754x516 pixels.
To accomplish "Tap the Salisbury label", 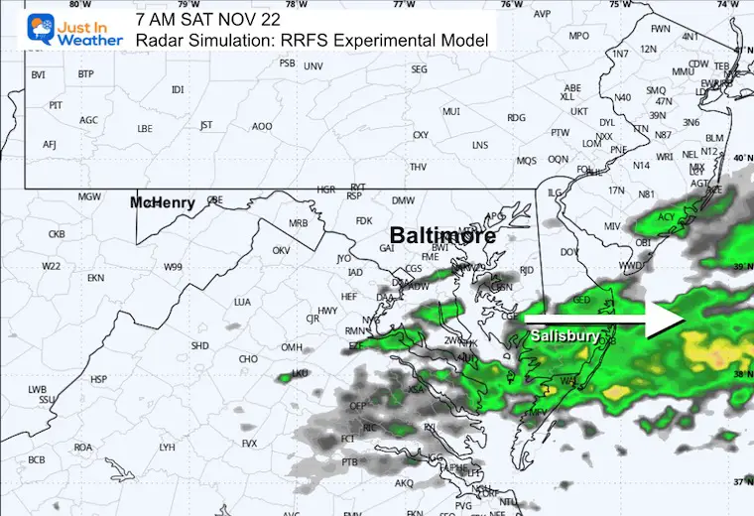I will [565, 336].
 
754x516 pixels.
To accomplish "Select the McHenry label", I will [163, 202].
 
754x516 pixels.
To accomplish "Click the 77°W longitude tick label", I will [403, 5].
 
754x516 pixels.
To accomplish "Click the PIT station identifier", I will [56, 105].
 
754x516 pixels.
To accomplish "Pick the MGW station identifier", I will [89, 196].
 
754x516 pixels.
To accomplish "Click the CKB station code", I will [57, 234].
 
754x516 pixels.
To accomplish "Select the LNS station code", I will [480, 146].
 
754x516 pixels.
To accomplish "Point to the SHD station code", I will [200, 346].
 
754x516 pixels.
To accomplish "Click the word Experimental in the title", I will [386, 41].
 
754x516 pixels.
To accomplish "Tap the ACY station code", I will [667, 216].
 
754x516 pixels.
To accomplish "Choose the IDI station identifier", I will [178, 90].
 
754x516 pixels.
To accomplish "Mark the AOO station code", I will [262, 126].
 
